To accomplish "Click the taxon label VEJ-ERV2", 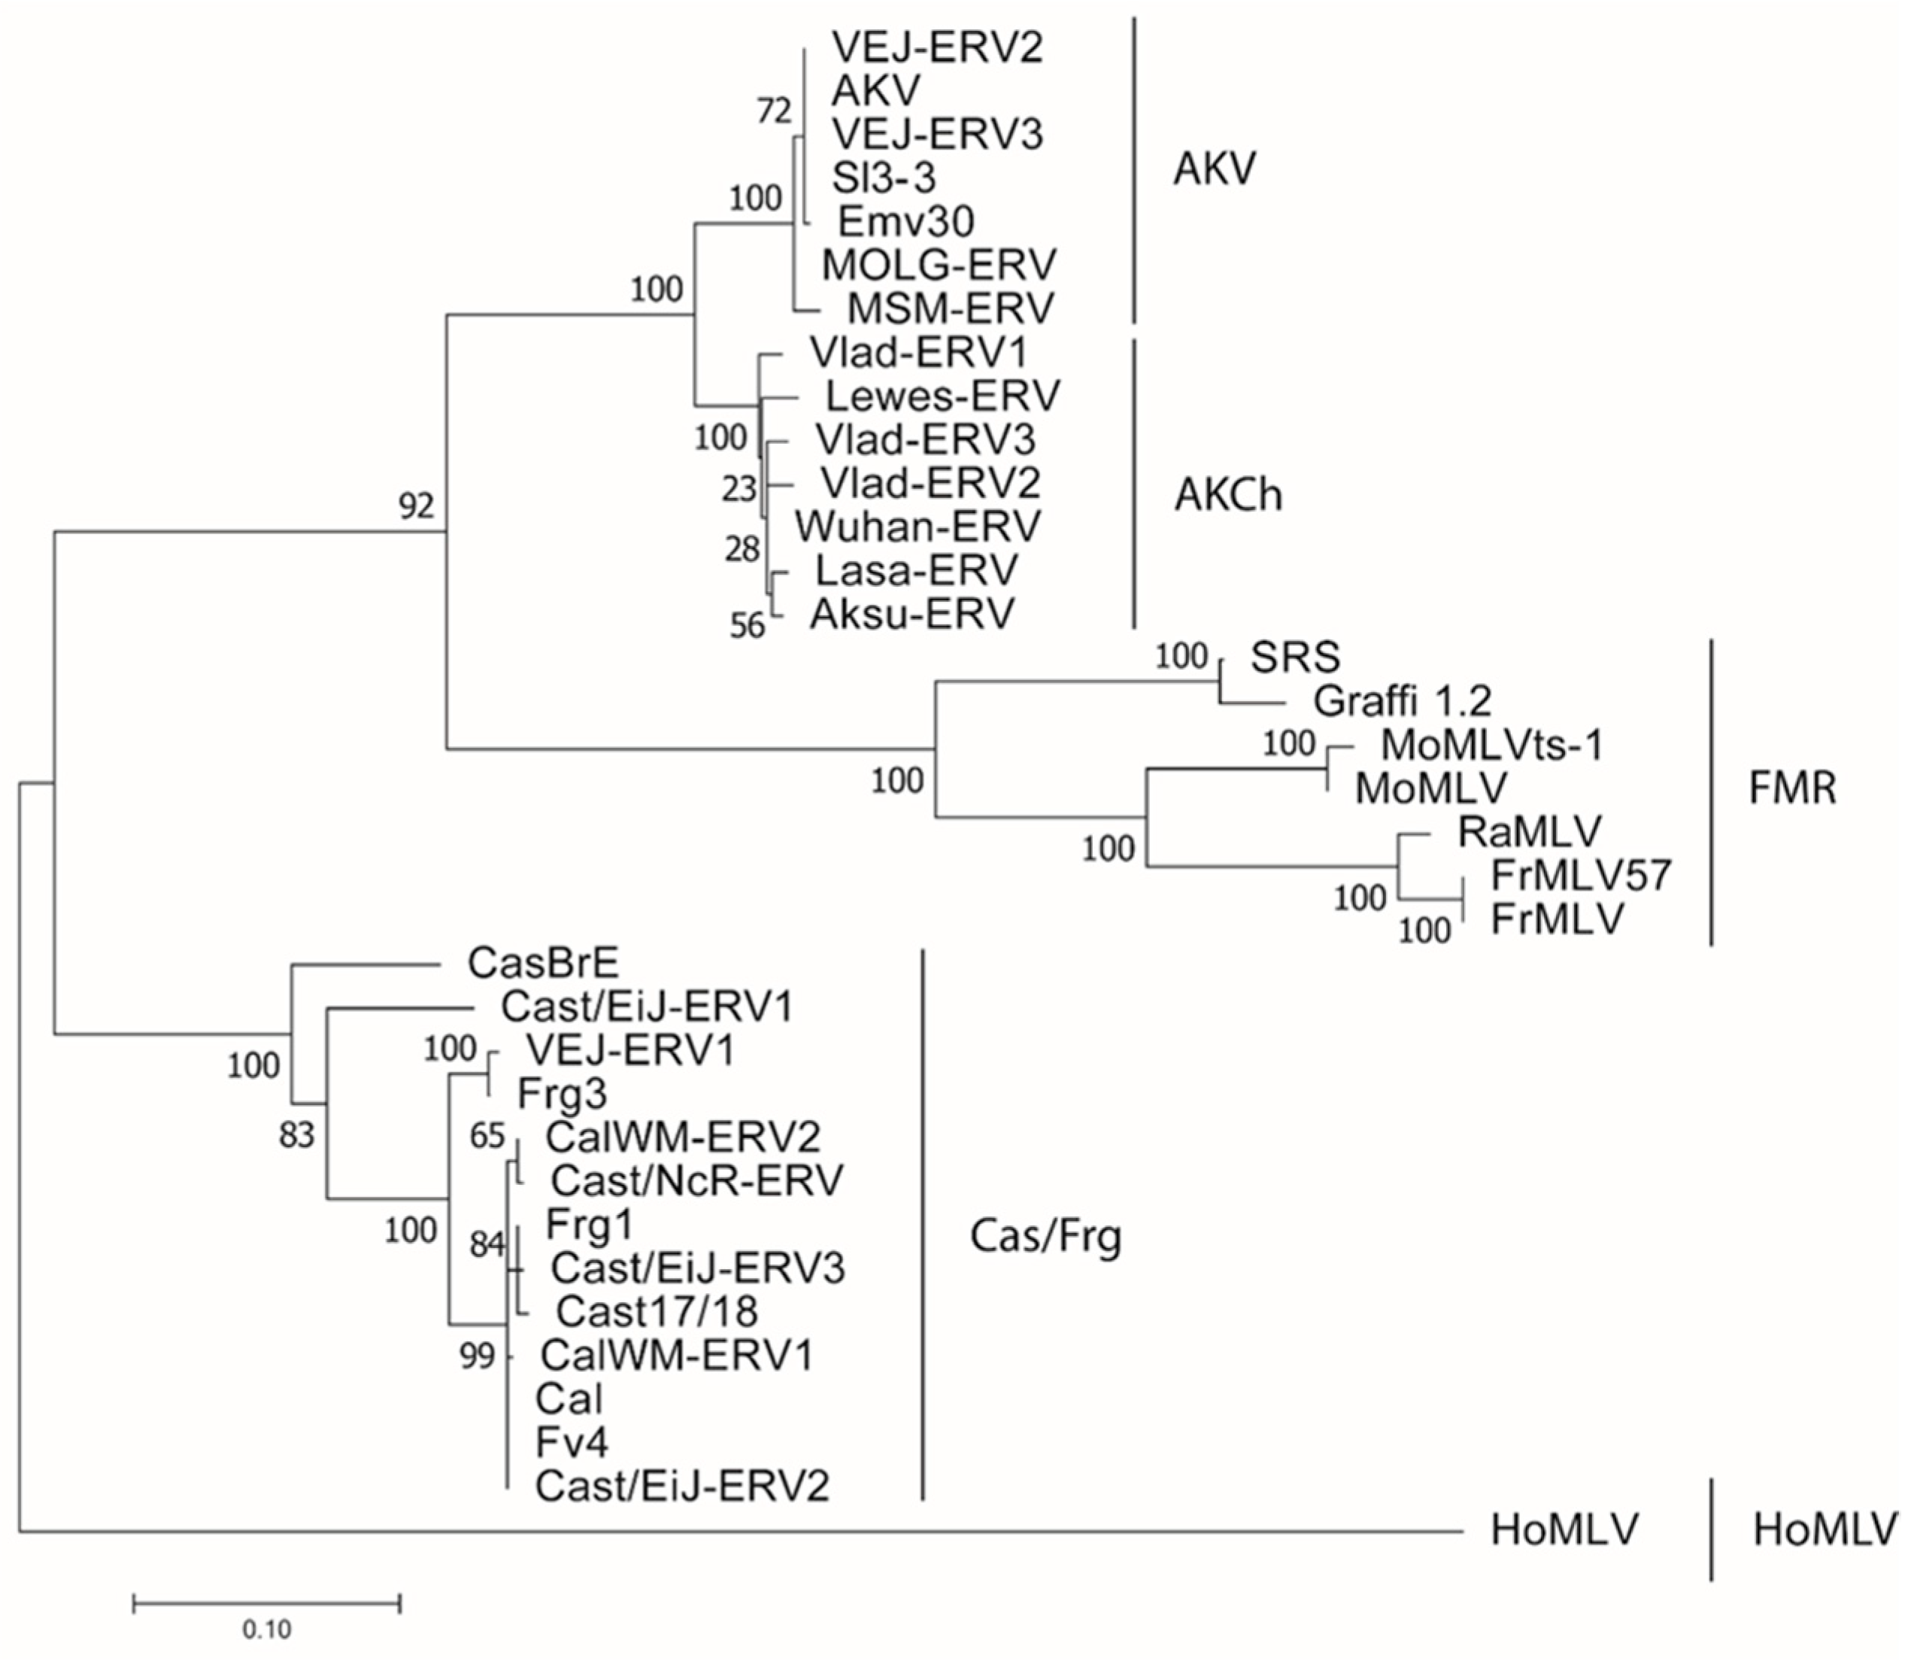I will pos(937,47).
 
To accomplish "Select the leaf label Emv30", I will pos(905,221).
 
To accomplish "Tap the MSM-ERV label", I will pos(951,308).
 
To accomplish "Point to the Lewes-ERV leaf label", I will pos(942,396).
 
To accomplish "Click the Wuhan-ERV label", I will pos(918,527).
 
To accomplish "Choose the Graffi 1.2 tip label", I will pos(1402,701).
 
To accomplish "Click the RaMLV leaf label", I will pos(1529,831).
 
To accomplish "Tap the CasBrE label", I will pos(543,963).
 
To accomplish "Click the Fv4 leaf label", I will pos(572,1442).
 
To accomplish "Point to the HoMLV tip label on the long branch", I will pos(1564,1529).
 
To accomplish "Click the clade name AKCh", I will pos(1228,496).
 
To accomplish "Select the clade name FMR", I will pos(1791,789).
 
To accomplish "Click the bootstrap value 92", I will pos(416,506).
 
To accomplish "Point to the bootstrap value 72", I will pos(774,111).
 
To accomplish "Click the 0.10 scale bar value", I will pos(267,1629).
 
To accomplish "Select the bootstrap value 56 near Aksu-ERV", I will pos(747,627).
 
